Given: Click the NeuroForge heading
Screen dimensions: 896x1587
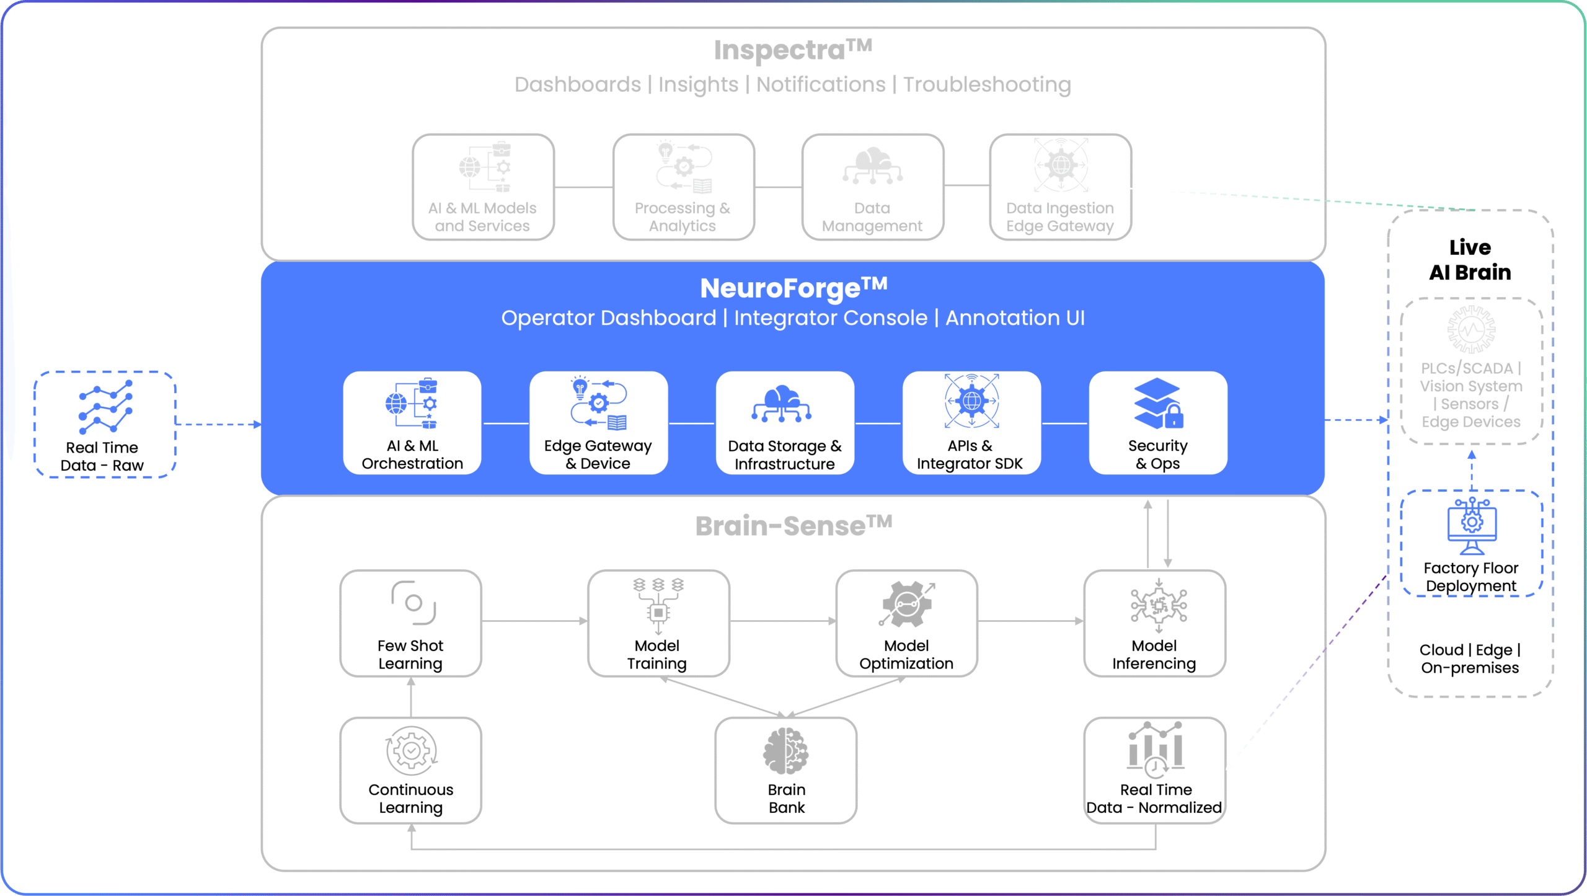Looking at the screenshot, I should (793, 288).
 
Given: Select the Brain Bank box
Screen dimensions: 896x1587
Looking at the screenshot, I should (785, 770).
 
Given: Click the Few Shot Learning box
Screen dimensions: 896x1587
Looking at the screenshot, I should (410, 623).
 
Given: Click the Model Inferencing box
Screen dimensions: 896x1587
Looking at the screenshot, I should (1154, 623).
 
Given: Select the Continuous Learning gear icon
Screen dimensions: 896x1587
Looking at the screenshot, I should (411, 751).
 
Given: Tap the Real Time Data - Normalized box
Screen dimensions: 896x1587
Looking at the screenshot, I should (1154, 770).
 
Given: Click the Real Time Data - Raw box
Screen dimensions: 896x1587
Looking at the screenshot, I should (104, 425).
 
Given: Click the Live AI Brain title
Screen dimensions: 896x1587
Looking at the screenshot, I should (1470, 260).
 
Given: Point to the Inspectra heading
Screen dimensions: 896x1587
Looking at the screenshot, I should (792, 50).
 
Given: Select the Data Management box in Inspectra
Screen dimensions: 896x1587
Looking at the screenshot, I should (872, 187).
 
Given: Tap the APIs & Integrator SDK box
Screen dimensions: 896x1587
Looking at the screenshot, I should (971, 423).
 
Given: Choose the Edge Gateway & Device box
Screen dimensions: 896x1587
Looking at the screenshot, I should (598, 423).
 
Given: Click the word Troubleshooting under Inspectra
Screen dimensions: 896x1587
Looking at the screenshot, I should (987, 84).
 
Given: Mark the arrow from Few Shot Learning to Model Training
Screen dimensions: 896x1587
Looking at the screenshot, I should (534, 621).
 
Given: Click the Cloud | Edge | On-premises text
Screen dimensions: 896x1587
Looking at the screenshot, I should (1470, 659).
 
